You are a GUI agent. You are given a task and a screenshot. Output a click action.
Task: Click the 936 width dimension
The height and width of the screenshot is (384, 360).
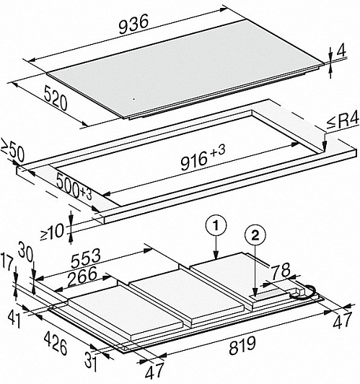(133, 24)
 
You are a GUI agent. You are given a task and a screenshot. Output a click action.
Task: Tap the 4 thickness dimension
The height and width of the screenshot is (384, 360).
(341, 51)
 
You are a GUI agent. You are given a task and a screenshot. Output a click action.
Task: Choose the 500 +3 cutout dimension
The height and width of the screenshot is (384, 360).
(74, 187)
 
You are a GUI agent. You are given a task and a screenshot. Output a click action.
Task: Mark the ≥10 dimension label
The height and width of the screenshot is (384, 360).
(52, 232)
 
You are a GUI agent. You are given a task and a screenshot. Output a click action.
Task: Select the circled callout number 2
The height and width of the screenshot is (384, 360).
(255, 236)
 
